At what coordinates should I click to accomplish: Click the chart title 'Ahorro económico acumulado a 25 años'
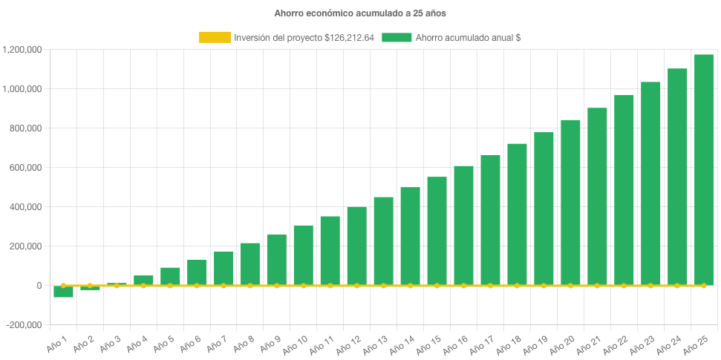[x=360, y=13]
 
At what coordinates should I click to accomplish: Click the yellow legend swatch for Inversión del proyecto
[x=215, y=37]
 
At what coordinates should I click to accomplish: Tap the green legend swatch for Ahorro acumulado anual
[x=397, y=37]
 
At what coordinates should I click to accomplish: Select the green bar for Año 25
[x=703, y=170]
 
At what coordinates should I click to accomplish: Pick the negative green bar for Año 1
[x=63, y=292]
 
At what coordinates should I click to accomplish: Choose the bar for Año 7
[x=224, y=268]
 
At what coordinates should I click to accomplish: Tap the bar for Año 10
[x=303, y=255]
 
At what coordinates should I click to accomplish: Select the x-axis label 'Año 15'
[x=428, y=344]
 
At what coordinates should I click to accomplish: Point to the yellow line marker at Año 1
[x=63, y=285]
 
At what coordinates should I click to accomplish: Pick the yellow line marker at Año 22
[x=624, y=286]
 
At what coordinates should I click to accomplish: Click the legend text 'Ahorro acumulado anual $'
[x=468, y=37]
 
